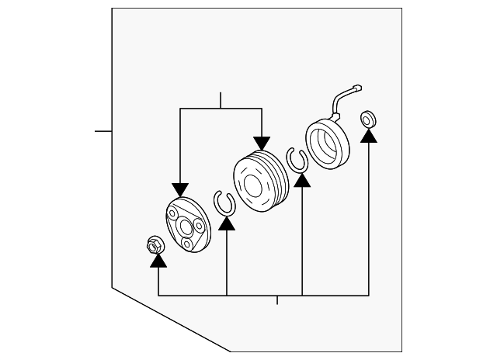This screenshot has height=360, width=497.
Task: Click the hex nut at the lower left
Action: pos(153,245)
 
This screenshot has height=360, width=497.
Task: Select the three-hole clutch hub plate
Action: pos(186,225)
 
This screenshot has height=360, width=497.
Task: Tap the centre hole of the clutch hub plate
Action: pos(186,227)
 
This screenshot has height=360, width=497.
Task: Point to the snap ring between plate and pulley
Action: pos(224,202)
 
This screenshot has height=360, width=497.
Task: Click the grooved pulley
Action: pos(259,185)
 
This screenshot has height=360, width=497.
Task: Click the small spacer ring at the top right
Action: pos(368,120)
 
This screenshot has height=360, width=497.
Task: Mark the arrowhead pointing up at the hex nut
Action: pos(158,261)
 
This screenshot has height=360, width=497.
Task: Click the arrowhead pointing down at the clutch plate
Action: pos(180,189)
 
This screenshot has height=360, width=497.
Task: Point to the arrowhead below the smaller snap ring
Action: pos(226,223)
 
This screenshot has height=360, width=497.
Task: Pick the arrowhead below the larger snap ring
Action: pos(302,179)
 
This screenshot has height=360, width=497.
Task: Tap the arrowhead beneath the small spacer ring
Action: pos(369,136)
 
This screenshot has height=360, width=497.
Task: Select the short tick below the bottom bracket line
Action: pos(276,300)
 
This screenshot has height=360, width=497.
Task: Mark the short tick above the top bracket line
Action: pos(221,100)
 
